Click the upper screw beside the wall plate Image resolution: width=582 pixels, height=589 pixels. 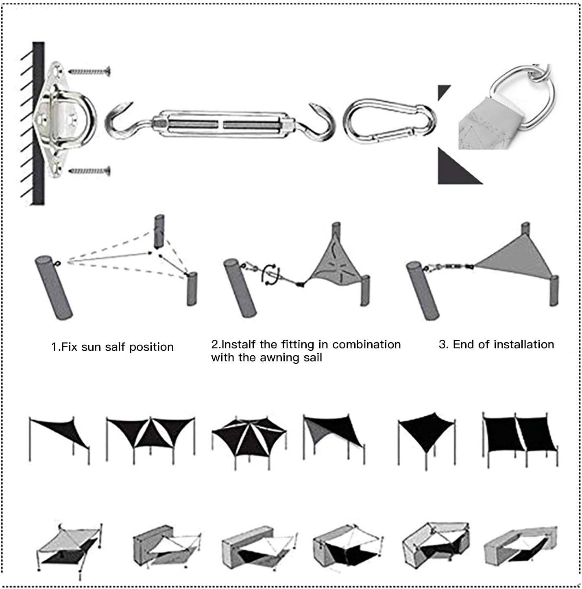(89, 72)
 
